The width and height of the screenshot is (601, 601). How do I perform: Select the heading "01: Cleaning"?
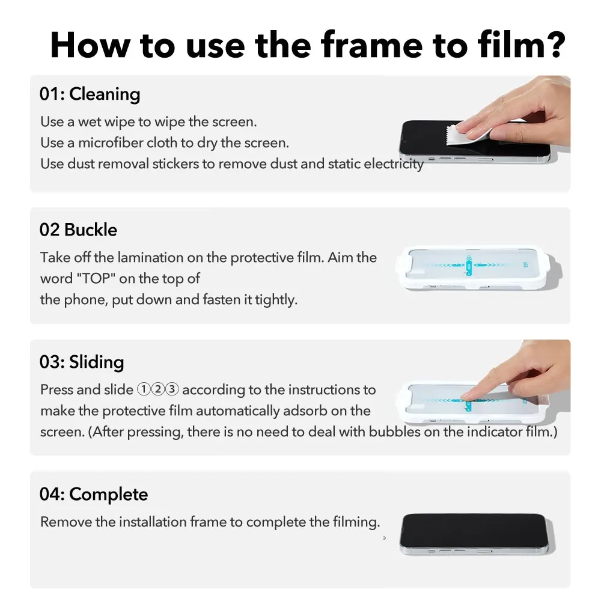[90, 94]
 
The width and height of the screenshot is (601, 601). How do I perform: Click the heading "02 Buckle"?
[78, 230]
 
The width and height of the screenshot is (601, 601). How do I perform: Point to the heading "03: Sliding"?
[82, 362]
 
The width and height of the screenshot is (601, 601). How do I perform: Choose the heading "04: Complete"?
[94, 495]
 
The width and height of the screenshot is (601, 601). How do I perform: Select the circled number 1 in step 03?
[144, 390]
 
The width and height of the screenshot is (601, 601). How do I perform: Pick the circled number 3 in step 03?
[172, 390]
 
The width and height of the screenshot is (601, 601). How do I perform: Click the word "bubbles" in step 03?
[394, 432]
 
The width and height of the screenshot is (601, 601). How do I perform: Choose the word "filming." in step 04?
[356, 522]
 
